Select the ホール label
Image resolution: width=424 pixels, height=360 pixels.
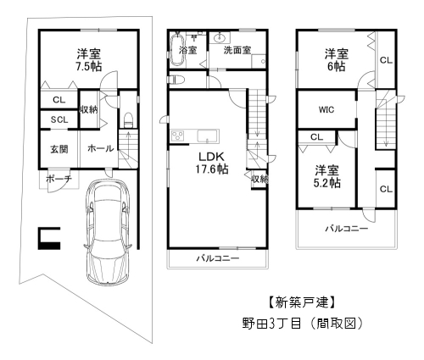point(101,148)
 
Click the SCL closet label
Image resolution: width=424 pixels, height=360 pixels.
point(59,119)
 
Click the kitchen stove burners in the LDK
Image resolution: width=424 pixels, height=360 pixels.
point(179,137)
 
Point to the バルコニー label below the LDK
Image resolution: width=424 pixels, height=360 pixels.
point(217,258)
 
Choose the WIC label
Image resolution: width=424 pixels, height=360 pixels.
point(327,109)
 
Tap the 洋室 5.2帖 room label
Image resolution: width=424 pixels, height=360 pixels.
point(325,175)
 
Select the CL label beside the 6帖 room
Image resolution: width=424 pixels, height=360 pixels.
point(385,59)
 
